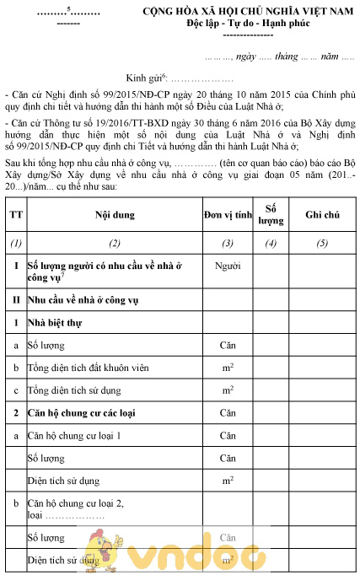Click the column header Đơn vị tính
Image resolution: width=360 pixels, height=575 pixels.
pyautogui.click(x=228, y=215)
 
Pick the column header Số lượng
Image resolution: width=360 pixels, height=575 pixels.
pyautogui.click(x=271, y=215)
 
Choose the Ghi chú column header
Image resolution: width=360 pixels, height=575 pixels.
pyautogui.click(x=322, y=215)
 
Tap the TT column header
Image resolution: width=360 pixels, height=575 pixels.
pyautogui.click(x=15, y=215)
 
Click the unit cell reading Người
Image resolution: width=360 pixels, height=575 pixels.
pyautogui.click(x=228, y=266)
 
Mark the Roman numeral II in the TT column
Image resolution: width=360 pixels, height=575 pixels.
pyautogui.click(x=15, y=298)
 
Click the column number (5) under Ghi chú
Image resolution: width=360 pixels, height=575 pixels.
pyautogui.click(x=322, y=244)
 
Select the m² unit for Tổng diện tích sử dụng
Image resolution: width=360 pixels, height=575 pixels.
pyautogui.click(x=228, y=390)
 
